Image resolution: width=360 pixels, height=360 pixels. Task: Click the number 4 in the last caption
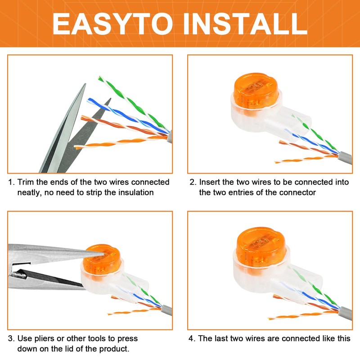click(x=191, y=338)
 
